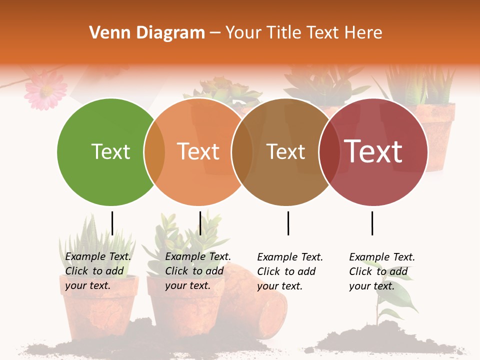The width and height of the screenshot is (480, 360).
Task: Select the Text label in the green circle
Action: click(x=110, y=152)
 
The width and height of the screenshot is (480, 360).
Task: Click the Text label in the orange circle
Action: click(x=198, y=152)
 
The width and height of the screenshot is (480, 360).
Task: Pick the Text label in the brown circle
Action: click(x=285, y=152)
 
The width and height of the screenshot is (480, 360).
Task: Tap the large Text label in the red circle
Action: click(x=373, y=152)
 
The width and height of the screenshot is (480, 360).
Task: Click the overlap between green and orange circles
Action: click(x=154, y=152)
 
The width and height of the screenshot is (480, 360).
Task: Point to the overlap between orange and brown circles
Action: click(x=242, y=152)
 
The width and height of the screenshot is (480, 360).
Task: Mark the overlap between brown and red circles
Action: click(x=329, y=152)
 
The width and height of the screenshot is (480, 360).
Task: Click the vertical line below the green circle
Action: click(x=112, y=223)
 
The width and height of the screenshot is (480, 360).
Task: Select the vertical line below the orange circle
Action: click(x=200, y=223)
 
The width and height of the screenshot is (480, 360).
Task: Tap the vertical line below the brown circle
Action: click(x=288, y=223)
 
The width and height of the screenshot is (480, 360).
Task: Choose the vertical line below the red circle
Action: click(x=372, y=223)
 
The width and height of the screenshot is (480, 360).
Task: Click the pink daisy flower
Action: click(x=46, y=90)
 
